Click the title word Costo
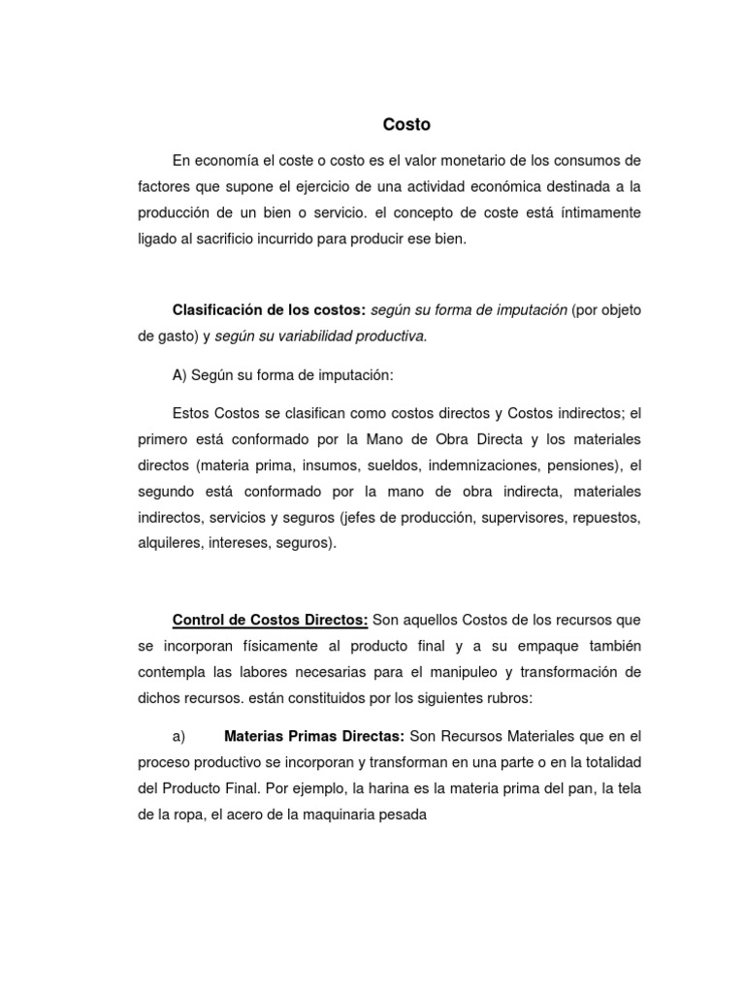406,125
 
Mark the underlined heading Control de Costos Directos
270,619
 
